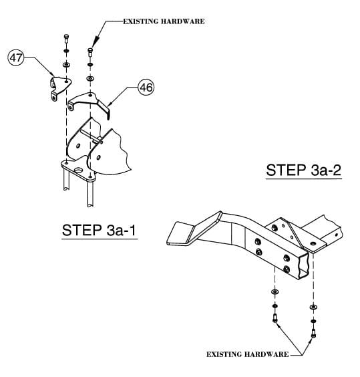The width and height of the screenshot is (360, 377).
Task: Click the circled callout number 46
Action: click(x=146, y=86)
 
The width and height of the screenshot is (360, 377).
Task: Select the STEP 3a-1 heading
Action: click(x=100, y=231)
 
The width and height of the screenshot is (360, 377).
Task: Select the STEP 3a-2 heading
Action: click(x=304, y=169)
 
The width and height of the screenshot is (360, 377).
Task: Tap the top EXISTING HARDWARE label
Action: click(x=164, y=21)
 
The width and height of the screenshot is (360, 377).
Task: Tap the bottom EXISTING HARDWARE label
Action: click(x=247, y=354)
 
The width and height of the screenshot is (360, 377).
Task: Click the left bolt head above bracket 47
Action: click(x=66, y=37)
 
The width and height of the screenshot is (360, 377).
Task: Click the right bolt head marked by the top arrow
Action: click(x=90, y=51)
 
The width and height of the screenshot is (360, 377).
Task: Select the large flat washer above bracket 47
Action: click(x=66, y=64)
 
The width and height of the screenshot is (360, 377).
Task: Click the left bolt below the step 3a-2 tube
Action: click(x=275, y=315)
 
